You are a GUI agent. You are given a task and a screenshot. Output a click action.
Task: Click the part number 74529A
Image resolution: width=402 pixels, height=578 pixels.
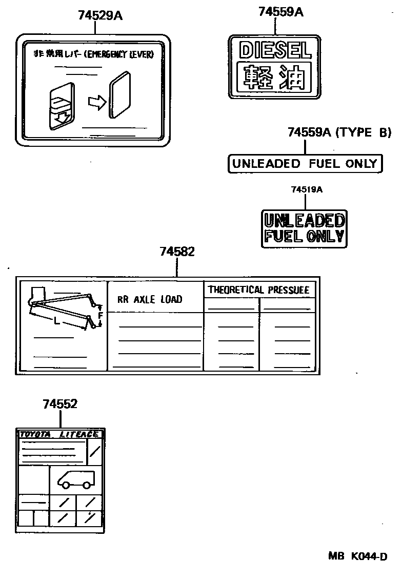click(x=100, y=15)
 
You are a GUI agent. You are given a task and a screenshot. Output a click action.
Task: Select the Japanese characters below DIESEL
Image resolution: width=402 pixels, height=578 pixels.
click(x=275, y=77)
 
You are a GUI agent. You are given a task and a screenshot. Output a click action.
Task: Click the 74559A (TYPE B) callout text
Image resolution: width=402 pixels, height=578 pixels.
click(x=339, y=132)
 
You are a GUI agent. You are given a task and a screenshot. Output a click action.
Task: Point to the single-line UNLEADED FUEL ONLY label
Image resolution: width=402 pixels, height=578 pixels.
click(x=305, y=164)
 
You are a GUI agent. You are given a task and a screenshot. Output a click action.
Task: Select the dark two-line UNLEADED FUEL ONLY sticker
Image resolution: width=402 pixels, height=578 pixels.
click(x=304, y=228)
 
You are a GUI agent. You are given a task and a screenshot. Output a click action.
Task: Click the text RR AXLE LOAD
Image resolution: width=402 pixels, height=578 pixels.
click(x=150, y=299)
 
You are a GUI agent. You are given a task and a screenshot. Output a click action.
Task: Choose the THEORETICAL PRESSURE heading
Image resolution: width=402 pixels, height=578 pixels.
click(x=258, y=290)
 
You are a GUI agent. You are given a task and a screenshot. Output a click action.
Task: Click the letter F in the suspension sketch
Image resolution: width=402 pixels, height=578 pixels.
click(x=101, y=316)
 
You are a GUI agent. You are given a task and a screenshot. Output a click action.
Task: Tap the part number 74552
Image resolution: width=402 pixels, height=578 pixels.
click(x=60, y=404)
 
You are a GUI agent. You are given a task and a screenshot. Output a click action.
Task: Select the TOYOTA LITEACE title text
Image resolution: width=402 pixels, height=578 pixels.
click(x=59, y=434)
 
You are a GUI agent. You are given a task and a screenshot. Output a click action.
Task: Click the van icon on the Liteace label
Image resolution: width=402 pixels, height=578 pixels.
click(x=76, y=479)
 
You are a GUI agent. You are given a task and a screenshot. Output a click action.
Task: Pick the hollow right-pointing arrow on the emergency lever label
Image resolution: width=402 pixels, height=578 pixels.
click(x=96, y=103)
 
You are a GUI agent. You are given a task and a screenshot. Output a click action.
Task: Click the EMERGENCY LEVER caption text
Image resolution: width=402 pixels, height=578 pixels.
click(x=93, y=54)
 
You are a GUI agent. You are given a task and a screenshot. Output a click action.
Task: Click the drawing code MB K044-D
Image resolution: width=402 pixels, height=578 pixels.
click(x=357, y=556)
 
